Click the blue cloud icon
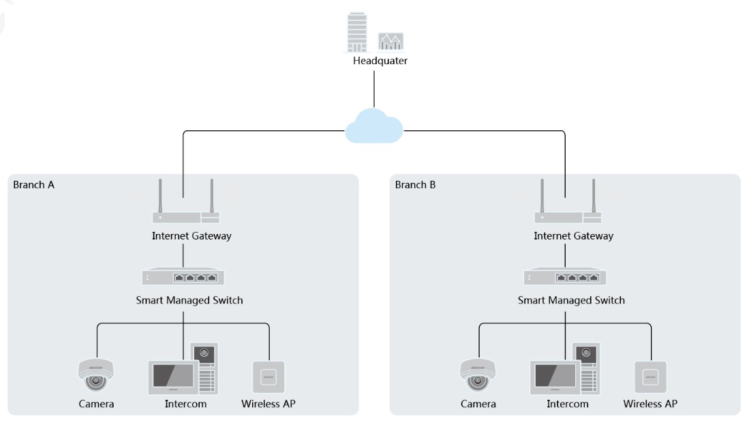tap(374, 126)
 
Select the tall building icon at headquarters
tap(356, 31)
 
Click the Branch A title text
tap(34, 185)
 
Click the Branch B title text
tap(416, 185)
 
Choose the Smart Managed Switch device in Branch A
tap(183, 277)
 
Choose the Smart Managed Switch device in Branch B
tap(565, 277)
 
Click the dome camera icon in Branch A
tap(96, 373)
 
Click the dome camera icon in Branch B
tap(478, 373)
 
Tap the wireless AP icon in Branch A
tap(269, 376)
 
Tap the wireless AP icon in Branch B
tap(650, 376)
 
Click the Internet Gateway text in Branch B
tap(573, 236)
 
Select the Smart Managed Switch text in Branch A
tap(189, 300)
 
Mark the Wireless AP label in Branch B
tap(650, 404)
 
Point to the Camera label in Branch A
tap(96, 404)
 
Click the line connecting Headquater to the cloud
tap(374, 89)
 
